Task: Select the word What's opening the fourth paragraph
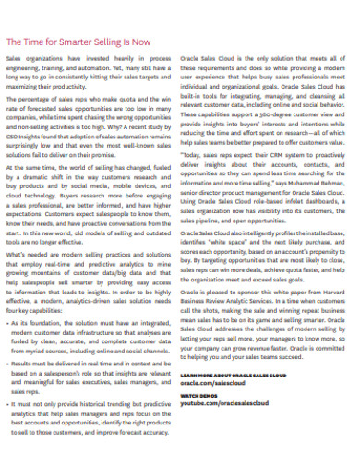point(17,253)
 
